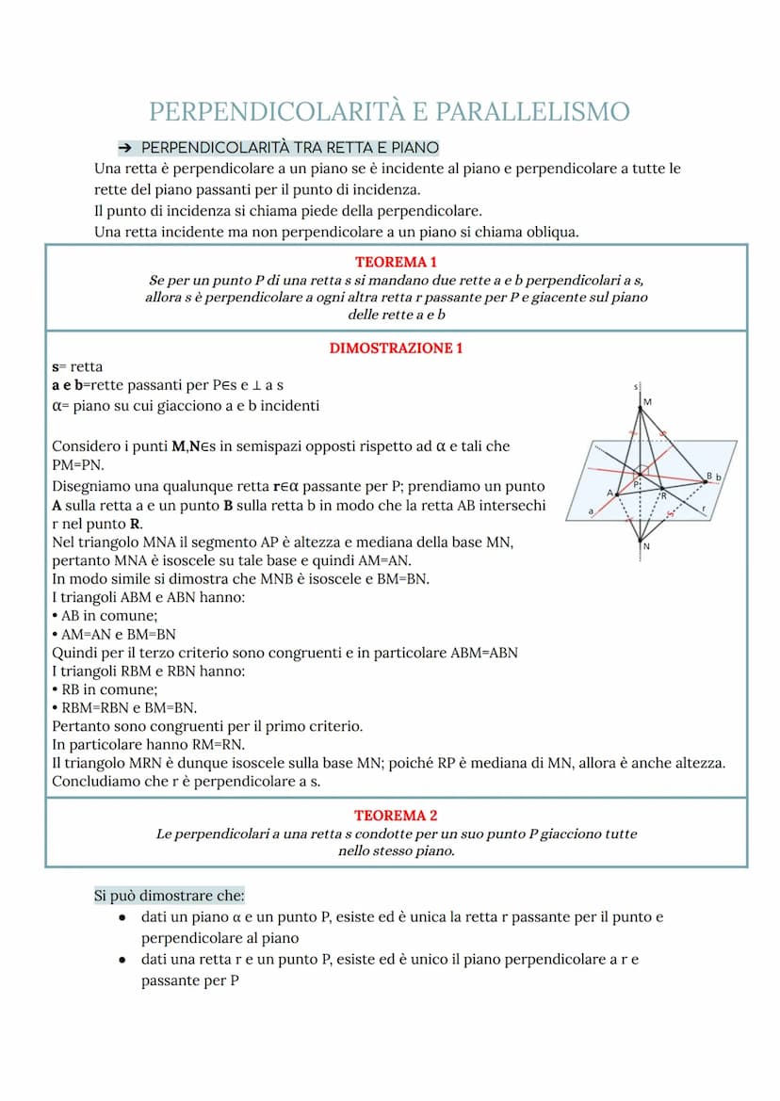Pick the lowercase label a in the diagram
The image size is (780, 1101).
(x=591, y=510)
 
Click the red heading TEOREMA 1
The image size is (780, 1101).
(x=396, y=262)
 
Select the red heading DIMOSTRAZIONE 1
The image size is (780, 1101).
(x=396, y=348)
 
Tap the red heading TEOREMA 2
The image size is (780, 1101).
(x=396, y=816)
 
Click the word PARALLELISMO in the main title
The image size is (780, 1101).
(x=525, y=111)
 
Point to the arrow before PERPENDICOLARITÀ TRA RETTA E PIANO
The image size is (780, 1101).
(x=124, y=149)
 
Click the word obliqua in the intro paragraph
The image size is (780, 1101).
(x=548, y=232)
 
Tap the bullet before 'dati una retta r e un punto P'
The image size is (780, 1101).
(x=123, y=960)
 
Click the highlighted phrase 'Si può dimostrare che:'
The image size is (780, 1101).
(x=169, y=895)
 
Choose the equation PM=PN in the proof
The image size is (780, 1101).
(x=79, y=465)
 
